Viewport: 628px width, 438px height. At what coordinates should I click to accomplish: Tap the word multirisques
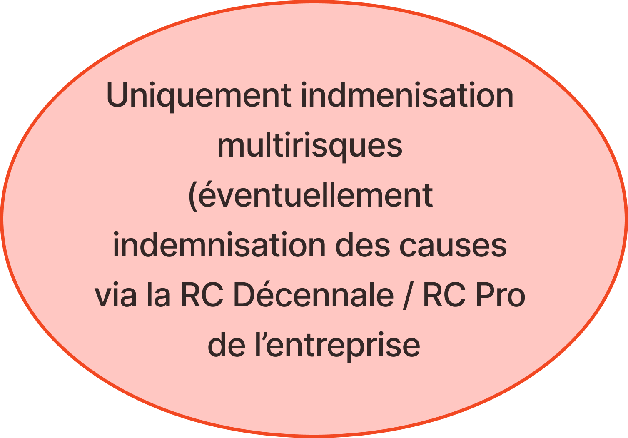coord(310,146)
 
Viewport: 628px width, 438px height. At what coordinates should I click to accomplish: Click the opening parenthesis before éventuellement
coord(192,196)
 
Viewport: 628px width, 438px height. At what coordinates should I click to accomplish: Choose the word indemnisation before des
coord(219,244)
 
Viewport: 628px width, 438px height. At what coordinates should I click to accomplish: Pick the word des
coord(362,244)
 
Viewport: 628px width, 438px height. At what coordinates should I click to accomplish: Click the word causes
coord(453,246)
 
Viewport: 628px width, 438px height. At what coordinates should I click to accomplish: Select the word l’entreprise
coord(338,346)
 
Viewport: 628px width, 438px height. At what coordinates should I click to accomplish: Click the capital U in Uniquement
coord(117,95)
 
